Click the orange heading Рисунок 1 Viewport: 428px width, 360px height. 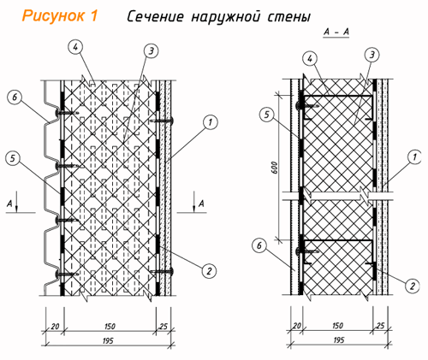tap(60, 15)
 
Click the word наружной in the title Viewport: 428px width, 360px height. tap(226, 17)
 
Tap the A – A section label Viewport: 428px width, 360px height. tap(336, 32)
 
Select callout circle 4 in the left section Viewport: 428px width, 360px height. tap(75, 48)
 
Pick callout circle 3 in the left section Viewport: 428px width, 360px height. tap(151, 51)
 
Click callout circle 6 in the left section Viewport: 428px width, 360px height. tap(15, 97)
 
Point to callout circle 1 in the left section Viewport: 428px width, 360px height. tap(211, 122)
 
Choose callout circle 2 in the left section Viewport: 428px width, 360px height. tap(209, 270)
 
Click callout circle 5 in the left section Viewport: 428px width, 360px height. tap(13, 159)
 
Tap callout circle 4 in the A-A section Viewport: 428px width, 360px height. tap(310, 59)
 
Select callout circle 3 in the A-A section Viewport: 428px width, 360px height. tap(372, 55)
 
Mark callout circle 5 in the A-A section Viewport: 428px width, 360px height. tap(267, 115)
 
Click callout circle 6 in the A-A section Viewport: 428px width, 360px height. tap(259, 245)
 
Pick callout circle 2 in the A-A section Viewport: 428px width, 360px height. tap(413, 286)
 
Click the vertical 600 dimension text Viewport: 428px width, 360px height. tap(274, 168)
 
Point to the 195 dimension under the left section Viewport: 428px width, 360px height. tap(108, 341)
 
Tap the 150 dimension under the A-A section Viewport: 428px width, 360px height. tap(337, 326)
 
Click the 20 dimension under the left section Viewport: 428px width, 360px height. tap(55, 327)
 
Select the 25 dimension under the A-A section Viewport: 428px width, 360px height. tap(380, 326)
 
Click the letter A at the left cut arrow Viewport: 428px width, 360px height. tap(10, 204)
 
